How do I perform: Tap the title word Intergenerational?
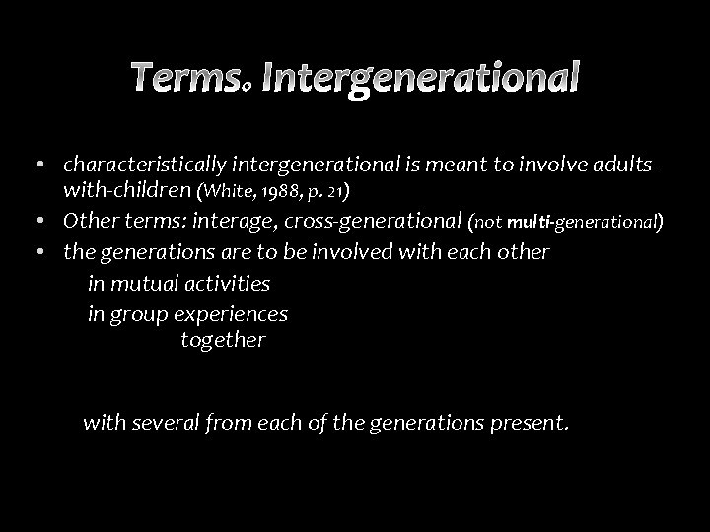(420, 77)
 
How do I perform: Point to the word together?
(223, 341)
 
